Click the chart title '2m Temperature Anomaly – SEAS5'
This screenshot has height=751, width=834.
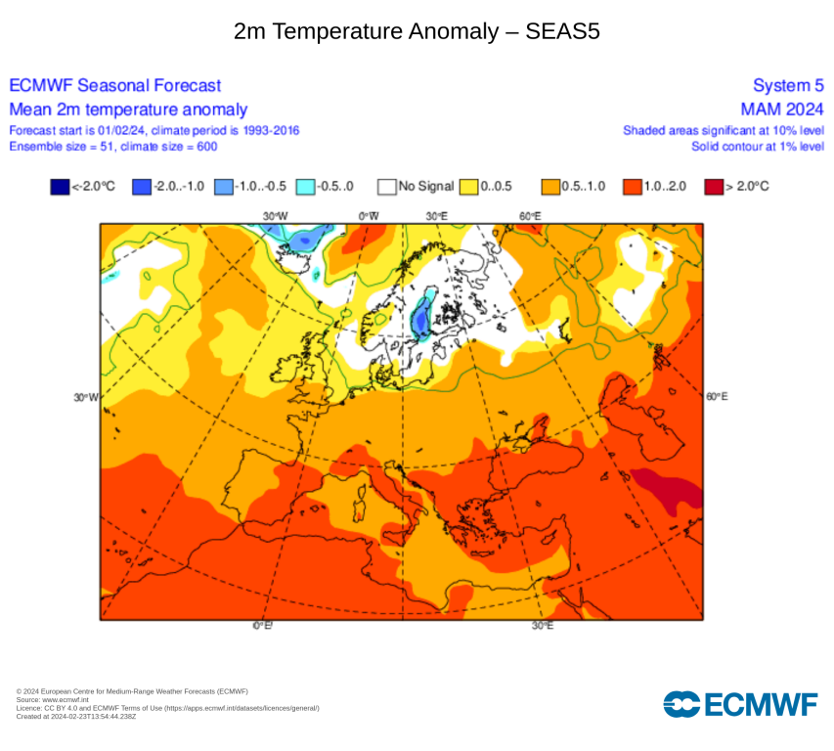(417, 31)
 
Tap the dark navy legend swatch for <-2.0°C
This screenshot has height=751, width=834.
(60, 186)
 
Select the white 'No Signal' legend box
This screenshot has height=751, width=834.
(387, 186)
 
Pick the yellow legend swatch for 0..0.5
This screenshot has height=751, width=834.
(470, 186)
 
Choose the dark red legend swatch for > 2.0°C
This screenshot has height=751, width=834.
(713, 186)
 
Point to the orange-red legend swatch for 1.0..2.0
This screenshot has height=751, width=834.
(632, 186)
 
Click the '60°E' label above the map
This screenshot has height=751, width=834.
(530, 215)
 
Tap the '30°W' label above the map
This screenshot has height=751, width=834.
(275, 215)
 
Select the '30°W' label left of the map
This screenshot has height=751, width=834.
(86, 397)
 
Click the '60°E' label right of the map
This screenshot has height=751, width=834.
(717, 396)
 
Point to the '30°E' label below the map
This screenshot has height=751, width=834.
(543, 625)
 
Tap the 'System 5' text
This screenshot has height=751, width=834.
(788, 86)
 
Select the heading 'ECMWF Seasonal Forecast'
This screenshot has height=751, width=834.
(115, 86)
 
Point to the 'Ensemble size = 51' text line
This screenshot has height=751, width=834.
(112, 147)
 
